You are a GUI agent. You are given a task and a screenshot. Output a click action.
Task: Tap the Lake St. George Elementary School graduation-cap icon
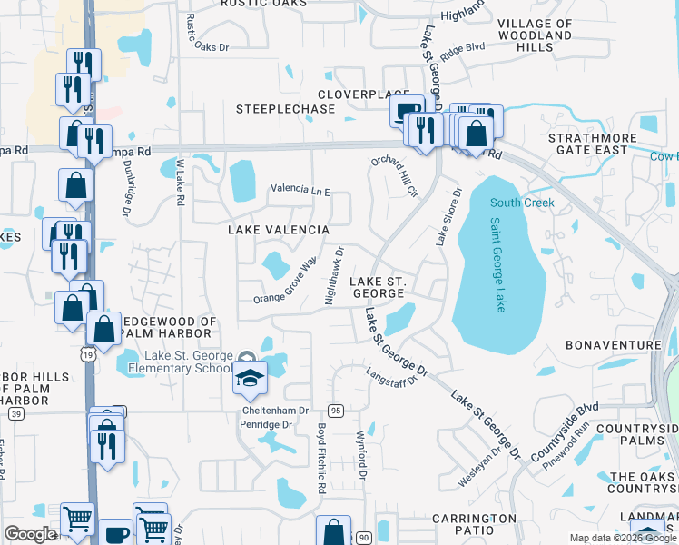[249, 379]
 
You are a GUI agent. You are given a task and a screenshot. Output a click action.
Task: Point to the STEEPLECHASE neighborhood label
[286, 109]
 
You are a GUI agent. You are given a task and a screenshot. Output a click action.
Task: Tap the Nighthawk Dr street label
[333, 275]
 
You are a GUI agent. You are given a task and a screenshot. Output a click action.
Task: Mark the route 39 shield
[16, 413]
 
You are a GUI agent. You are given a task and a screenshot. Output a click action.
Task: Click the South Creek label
[522, 203]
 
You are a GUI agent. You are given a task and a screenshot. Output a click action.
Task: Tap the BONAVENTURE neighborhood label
[613, 345]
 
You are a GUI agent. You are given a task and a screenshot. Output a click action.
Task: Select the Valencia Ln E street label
[300, 191]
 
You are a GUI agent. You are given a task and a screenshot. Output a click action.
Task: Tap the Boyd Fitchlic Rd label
[320, 458]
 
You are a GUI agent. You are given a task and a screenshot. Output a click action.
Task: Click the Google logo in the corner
[30, 534]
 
